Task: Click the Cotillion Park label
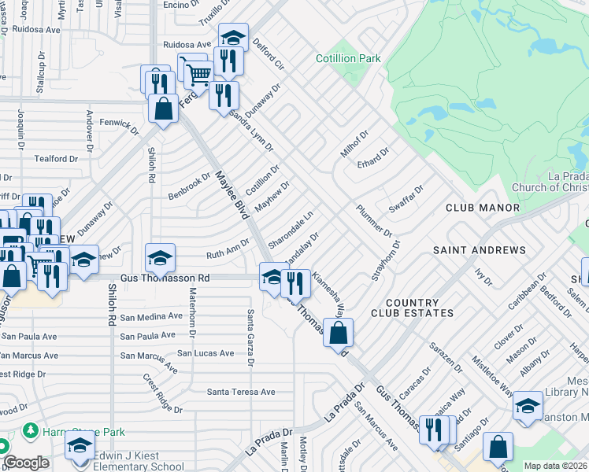pos(348,58)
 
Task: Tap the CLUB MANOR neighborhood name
pos(482,208)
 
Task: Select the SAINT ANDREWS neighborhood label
pos(479,250)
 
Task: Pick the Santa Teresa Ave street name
pos(241,392)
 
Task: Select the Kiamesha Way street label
pos(329,292)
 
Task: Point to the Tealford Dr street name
pos(56,158)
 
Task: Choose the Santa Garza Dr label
pos(250,337)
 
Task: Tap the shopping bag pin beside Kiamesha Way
pos(338,332)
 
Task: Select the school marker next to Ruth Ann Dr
pos(160,257)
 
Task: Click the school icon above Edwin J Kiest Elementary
pos(80,444)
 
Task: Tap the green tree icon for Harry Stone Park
pos(30,431)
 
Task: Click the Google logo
pos(26,463)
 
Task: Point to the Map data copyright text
pos(554,466)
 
